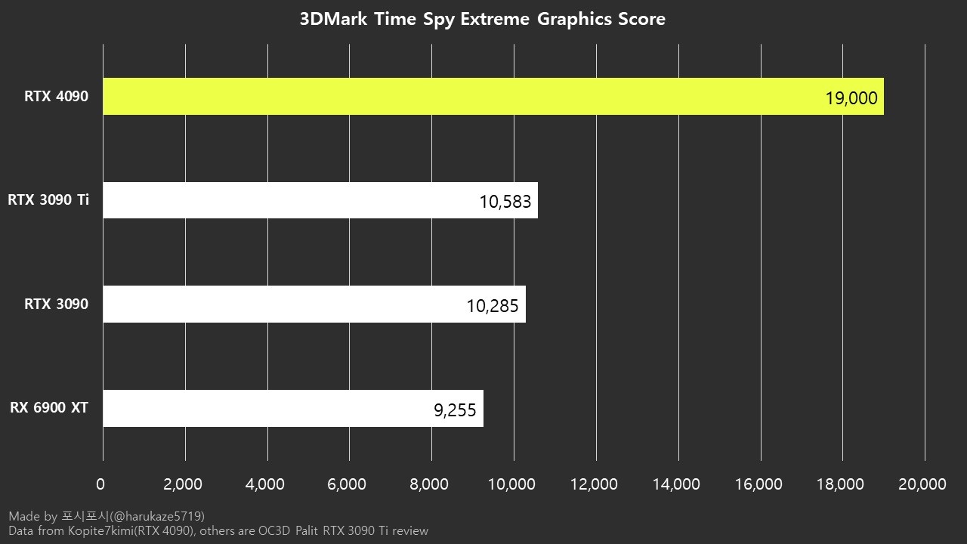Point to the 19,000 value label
click(851, 98)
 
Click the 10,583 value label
click(505, 202)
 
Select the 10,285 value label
click(493, 306)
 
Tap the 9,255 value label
click(455, 410)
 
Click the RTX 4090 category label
click(56, 97)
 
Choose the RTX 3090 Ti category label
click(48, 200)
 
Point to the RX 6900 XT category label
click(49, 408)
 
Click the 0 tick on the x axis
click(101, 484)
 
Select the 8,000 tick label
click(430, 484)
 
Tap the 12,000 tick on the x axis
click(595, 484)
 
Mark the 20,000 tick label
click(923, 484)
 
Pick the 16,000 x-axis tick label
click(758, 484)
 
